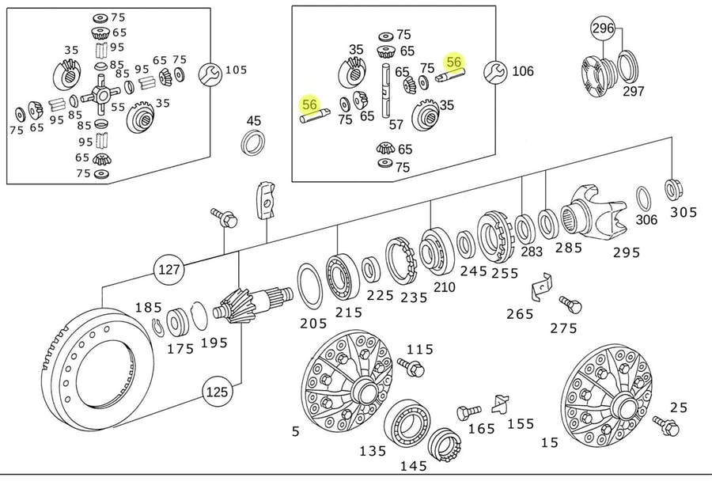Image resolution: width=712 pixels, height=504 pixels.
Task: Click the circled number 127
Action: (168, 270)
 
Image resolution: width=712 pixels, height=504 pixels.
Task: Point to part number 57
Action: (396, 124)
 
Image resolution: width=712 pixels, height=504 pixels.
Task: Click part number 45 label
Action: (253, 121)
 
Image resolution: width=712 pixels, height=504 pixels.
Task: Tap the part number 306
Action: (646, 220)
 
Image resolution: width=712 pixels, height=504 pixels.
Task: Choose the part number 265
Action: (520, 313)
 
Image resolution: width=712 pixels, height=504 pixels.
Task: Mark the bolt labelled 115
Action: (411, 366)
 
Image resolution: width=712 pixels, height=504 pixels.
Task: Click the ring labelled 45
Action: (253, 145)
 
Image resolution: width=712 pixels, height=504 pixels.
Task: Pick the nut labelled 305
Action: (675, 190)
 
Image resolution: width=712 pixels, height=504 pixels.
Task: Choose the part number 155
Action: (521, 423)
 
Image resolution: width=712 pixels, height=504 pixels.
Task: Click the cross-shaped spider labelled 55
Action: (101, 99)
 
